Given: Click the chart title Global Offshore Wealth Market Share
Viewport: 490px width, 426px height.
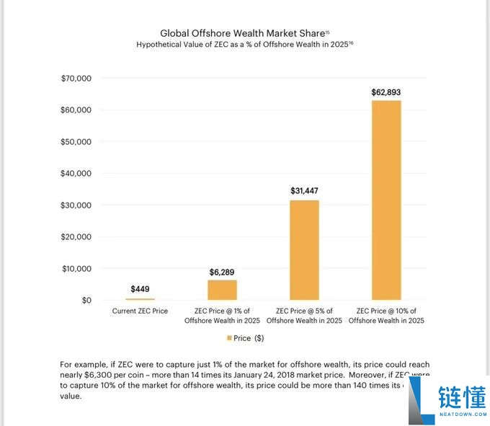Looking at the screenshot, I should coord(242,33).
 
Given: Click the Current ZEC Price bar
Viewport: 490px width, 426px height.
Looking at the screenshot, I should coord(140,298).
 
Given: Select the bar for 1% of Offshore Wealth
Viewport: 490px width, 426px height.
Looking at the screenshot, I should coord(222,290).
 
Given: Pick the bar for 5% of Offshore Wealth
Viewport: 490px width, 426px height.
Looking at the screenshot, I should coord(304,250).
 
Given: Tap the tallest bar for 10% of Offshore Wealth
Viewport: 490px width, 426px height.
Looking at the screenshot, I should coord(386,200).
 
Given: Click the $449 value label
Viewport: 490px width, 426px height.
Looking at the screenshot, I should coord(140,289).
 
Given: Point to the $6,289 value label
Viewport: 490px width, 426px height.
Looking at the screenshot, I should coord(222,272).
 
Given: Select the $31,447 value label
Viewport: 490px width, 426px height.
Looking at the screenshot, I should coord(304,191).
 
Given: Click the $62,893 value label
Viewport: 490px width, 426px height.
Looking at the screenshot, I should coord(386,92).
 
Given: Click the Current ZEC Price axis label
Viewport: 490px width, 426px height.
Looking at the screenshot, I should coord(140,311).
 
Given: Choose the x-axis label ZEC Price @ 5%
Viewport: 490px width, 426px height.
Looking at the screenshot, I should coord(304,315).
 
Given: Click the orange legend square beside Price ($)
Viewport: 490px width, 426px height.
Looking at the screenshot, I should coord(229,337).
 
